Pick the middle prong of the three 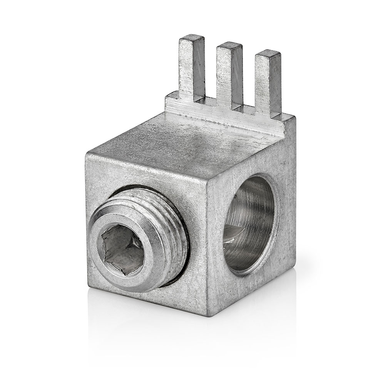(229, 75)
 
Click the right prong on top (268, 83)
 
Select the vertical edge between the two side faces (208, 250)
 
